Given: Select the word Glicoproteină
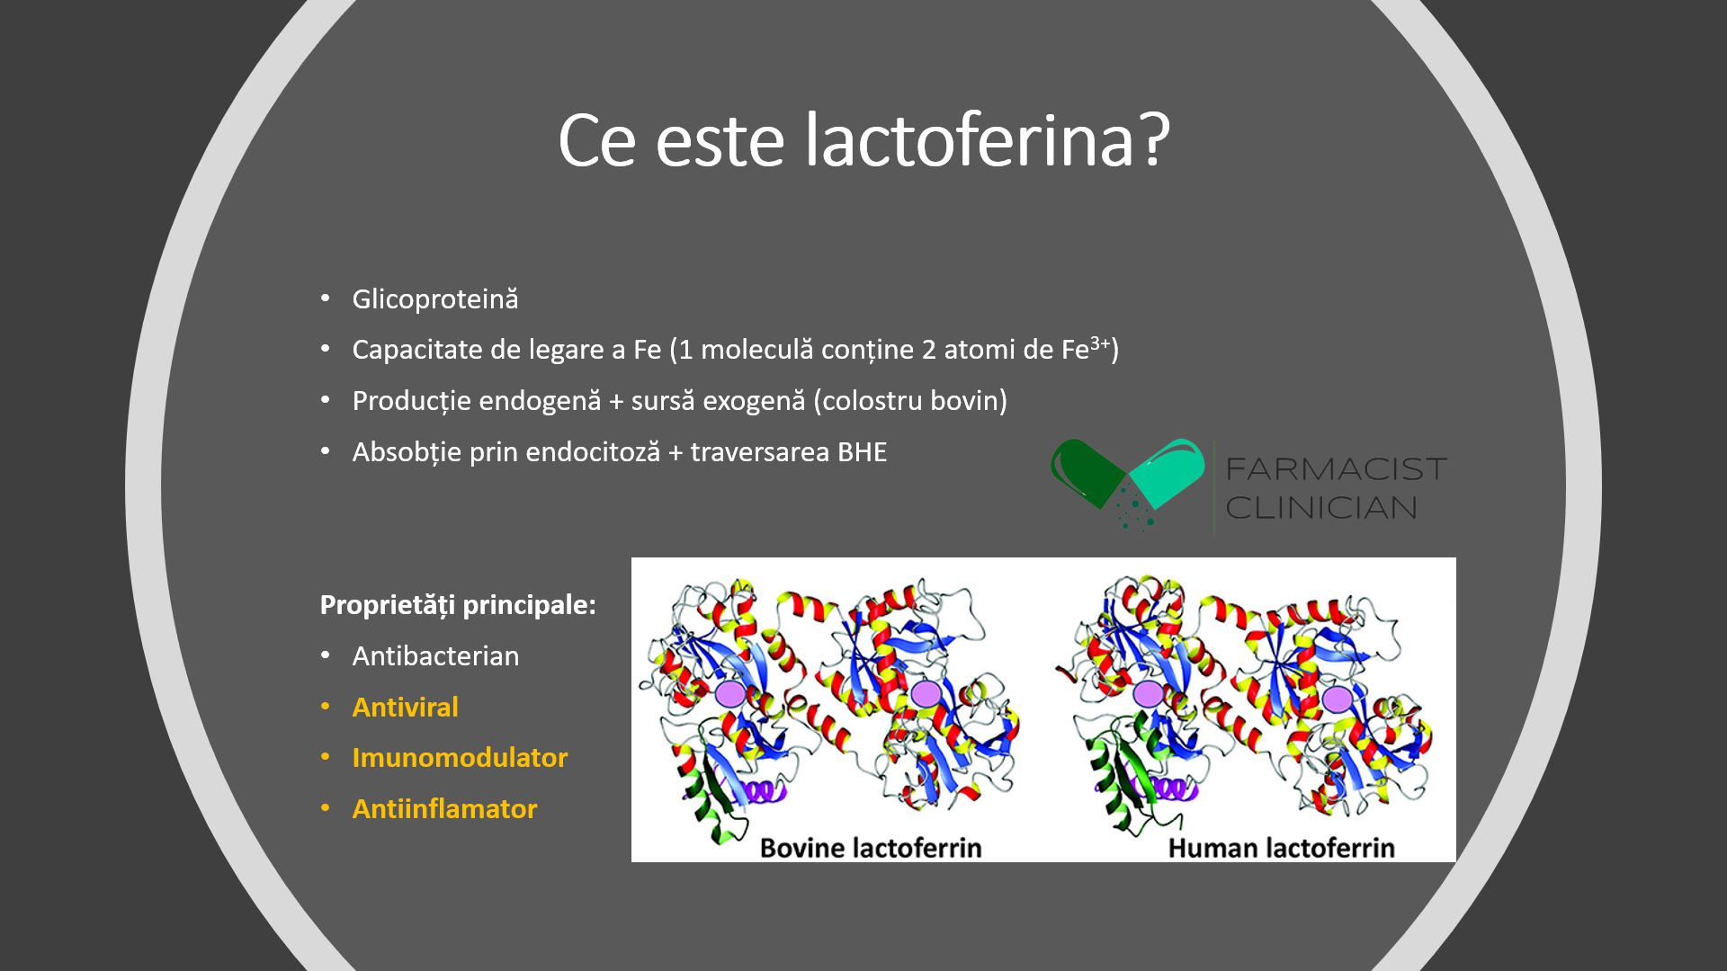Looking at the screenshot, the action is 435,299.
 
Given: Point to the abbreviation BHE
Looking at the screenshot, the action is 862,451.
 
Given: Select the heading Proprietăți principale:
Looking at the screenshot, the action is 458,605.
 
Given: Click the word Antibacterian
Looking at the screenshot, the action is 435,656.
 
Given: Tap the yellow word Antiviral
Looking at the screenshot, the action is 406,708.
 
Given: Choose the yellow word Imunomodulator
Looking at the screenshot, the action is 460,758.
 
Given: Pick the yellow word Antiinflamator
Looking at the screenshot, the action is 444,809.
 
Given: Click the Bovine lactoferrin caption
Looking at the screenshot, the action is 871,848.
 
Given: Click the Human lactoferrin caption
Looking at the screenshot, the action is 1281,848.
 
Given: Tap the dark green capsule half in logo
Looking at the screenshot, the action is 1086,470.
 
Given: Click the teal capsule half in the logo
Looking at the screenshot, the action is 1168,472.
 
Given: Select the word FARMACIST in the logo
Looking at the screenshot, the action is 1337,469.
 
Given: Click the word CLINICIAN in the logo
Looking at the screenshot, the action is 1321,508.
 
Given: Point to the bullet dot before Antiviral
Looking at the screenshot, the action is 326,707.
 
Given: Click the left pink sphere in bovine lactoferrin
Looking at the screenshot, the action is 730,694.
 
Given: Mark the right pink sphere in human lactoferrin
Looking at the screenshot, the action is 1338,699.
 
